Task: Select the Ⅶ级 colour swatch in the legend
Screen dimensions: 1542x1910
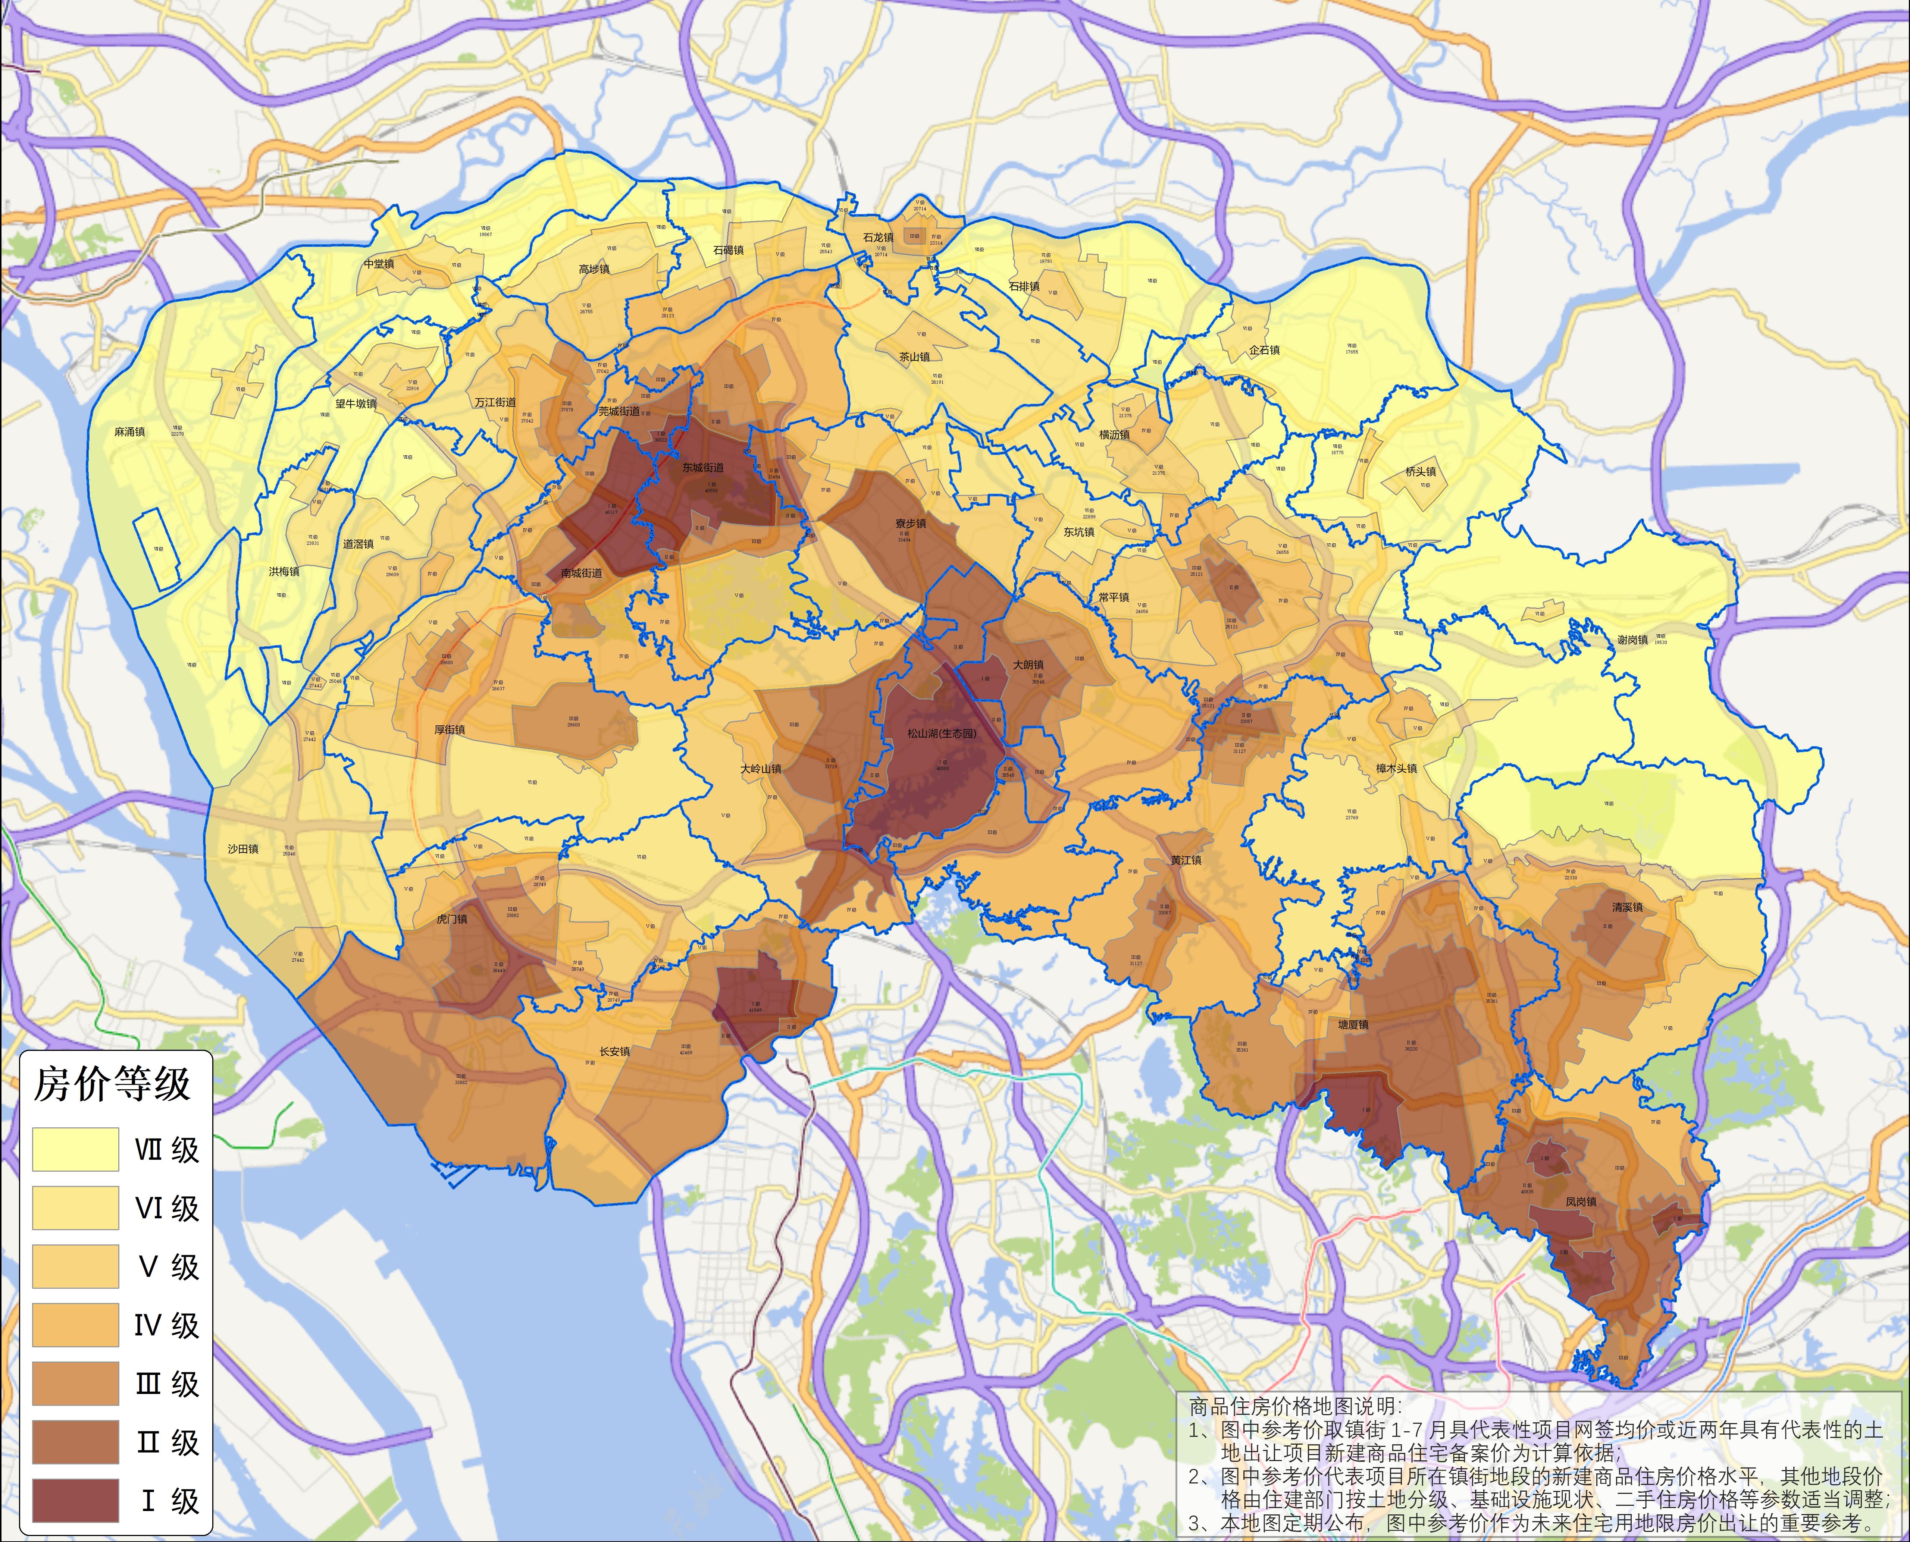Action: [75, 1149]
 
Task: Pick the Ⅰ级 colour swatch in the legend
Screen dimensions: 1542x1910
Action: [75, 1500]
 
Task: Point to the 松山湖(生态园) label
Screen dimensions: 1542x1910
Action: [942, 734]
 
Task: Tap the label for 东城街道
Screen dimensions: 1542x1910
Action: [703, 467]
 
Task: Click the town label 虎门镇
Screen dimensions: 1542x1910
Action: [452, 919]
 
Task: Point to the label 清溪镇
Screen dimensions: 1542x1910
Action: [1628, 908]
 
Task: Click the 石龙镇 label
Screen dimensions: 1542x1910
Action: [879, 238]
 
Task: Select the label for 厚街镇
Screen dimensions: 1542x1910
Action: [450, 730]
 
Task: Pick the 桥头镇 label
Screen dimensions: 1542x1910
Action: [1421, 472]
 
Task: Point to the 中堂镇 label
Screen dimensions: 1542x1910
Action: [378, 264]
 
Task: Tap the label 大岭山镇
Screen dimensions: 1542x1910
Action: [761, 769]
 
